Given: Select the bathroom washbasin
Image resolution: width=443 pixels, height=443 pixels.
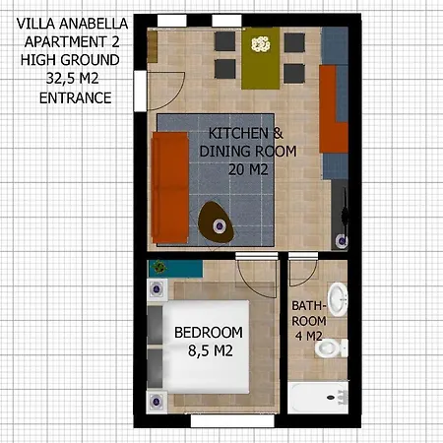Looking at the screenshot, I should pos(339,296).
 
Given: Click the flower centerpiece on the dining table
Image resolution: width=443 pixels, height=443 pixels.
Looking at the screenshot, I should pos(261,43).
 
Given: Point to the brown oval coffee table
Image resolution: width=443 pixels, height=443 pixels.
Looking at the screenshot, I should pos(216,221).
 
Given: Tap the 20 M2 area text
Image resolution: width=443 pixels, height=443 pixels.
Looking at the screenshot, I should pos(248,169).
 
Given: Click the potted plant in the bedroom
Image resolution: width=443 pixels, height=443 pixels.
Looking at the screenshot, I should pos(158,266).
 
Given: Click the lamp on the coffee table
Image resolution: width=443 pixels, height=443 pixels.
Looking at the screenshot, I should pos(217,227).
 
